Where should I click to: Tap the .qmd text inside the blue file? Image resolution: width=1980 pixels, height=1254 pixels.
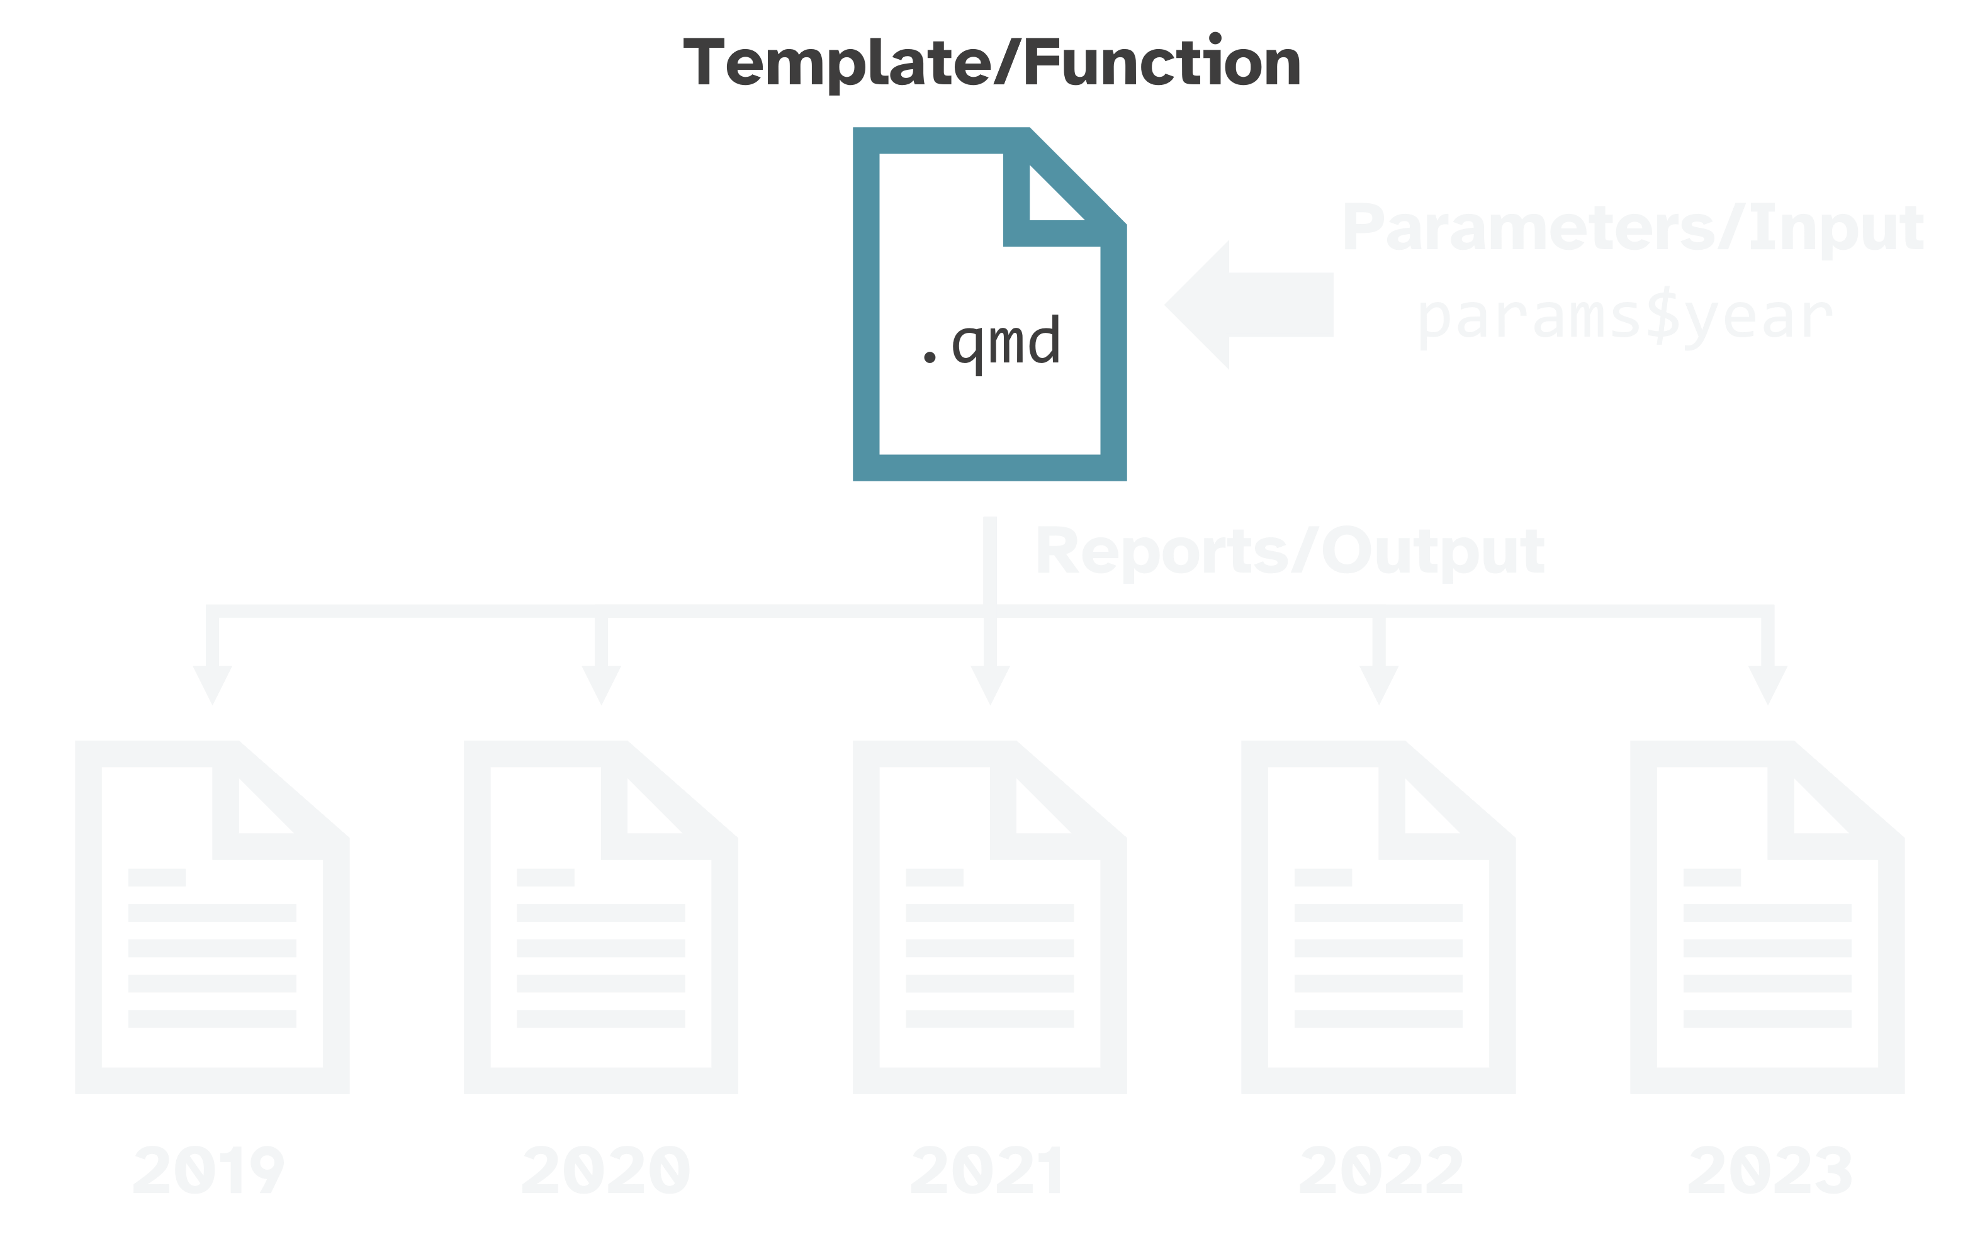(990, 343)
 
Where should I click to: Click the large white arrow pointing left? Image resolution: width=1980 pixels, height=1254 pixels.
(1248, 305)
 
